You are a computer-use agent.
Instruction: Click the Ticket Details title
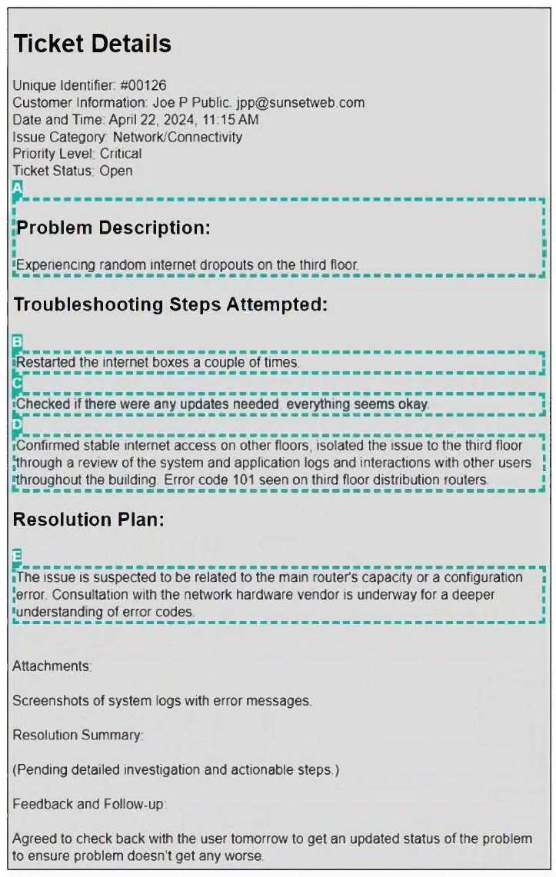[92, 44]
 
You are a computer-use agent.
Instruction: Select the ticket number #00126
[144, 85]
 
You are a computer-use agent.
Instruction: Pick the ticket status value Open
[115, 171]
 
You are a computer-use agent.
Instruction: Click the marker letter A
[18, 188]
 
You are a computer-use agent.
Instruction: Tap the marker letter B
[18, 341]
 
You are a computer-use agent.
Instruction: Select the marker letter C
[18, 383]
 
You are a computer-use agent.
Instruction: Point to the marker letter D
[18, 424]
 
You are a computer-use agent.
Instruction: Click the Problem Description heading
[113, 228]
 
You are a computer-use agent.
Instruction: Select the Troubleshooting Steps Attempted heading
[171, 304]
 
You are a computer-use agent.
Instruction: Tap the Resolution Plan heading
[88, 520]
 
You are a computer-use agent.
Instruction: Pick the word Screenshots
[48, 701]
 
